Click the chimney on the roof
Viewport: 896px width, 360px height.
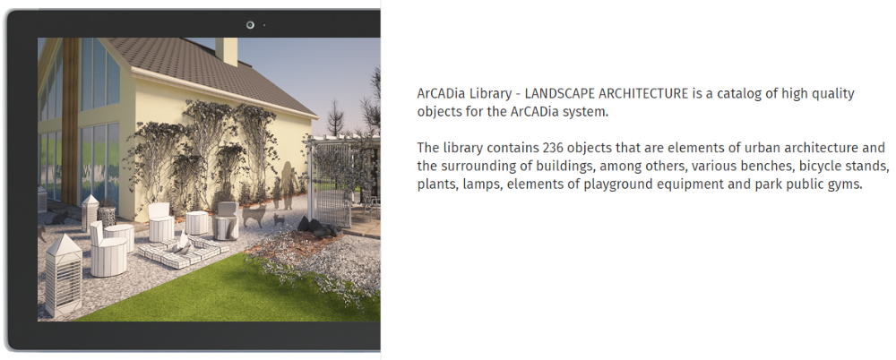click(226, 51)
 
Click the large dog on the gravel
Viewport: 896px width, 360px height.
click(254, 215)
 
